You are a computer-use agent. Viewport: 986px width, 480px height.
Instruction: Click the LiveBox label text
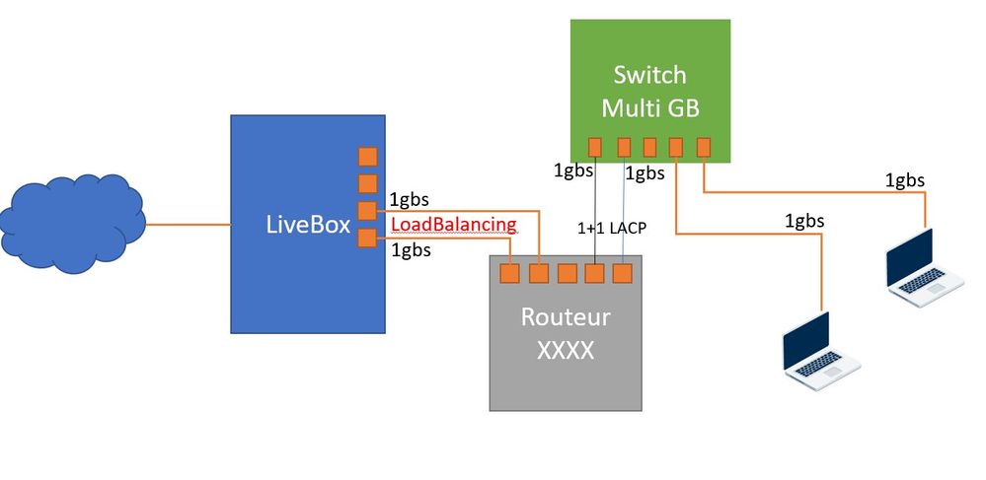click(308, 225)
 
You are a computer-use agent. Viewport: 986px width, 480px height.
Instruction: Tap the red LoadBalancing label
click(454, 225)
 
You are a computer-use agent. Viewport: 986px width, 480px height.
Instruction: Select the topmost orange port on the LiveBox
click(367, 157)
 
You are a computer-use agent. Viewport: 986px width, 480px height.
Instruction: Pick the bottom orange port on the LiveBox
click(367, 238)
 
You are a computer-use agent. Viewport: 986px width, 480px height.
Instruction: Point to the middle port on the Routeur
click(567, 273)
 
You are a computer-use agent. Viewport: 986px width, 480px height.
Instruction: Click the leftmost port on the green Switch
click(594, 147)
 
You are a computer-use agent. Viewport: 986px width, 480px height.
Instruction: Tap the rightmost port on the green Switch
click(704, 147)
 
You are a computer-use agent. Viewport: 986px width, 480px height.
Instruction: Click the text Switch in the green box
click(648, 75)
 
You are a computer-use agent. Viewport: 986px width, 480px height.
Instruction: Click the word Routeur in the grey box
click(565, 317)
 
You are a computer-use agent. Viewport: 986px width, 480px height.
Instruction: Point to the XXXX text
click(565, 350)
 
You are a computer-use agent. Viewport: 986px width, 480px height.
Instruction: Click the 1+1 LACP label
click(611, 228)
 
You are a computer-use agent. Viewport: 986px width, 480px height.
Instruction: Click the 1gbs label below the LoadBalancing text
click(411, 249)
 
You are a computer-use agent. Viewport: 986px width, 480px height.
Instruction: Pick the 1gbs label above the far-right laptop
click(904, 179)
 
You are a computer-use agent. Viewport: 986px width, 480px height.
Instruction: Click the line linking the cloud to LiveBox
click(188, 225)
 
